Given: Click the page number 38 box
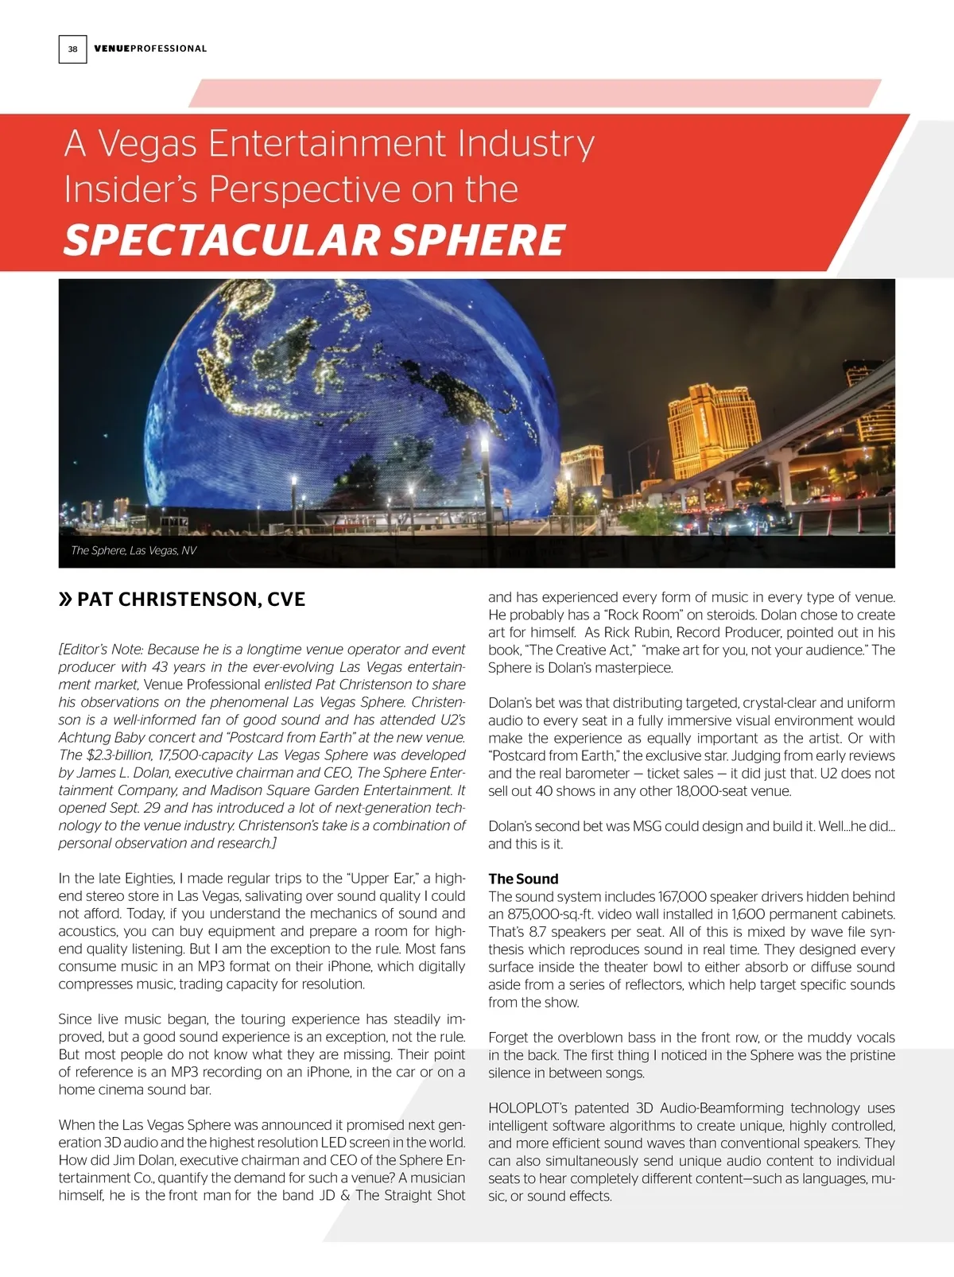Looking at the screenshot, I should click(x=72, y=49).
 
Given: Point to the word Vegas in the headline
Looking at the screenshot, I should click(x=147, y=144).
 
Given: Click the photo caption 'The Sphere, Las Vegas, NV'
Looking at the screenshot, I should click(x=134, y=550).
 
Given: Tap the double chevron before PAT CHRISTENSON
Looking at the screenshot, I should click(x=65, y=600).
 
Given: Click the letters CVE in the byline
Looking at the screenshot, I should click(x=286, y=600).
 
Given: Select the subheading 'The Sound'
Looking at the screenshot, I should click(x=523, y=879).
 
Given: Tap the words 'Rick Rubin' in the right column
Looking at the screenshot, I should click(x=636, y=632).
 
